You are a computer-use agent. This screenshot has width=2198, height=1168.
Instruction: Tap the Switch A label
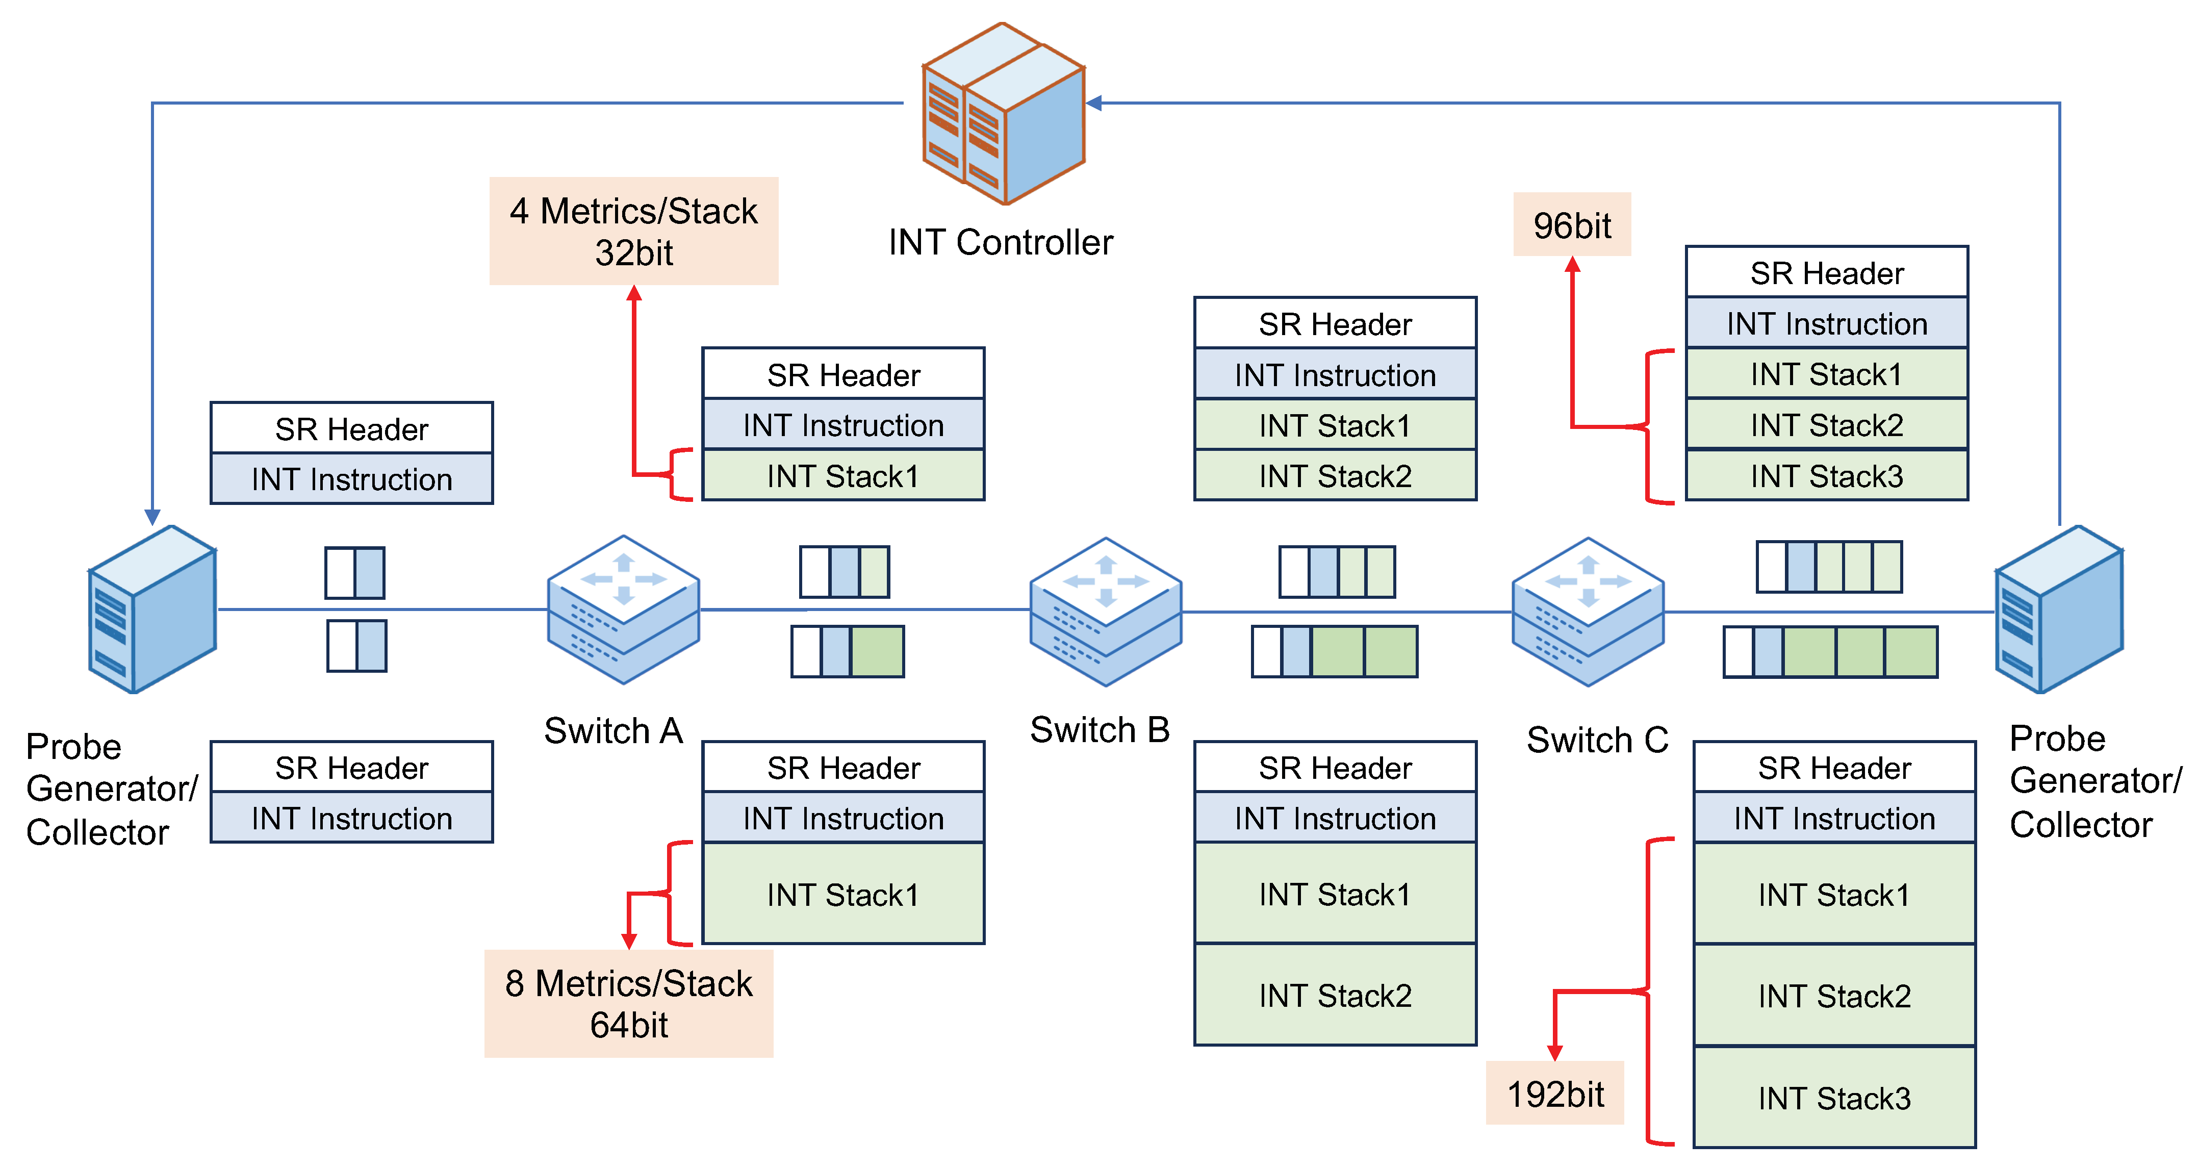point(614,731)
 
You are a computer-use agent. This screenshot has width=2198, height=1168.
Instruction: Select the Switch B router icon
point(1106,612)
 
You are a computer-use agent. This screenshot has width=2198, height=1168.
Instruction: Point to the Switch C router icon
point(1588,612)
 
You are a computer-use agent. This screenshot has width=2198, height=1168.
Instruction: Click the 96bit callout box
point(1572,225)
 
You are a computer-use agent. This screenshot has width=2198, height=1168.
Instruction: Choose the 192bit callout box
point(1554,1094)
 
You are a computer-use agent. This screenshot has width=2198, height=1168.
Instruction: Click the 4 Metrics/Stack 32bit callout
point(633,231)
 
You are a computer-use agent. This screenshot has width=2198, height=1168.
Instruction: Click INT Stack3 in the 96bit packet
point(1827,476)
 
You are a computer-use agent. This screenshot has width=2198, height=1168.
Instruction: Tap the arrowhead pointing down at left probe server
point(152,517)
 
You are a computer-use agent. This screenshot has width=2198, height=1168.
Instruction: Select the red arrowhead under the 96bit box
point(1573,265)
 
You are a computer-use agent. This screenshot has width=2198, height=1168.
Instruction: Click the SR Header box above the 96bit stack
point(1827,273)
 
